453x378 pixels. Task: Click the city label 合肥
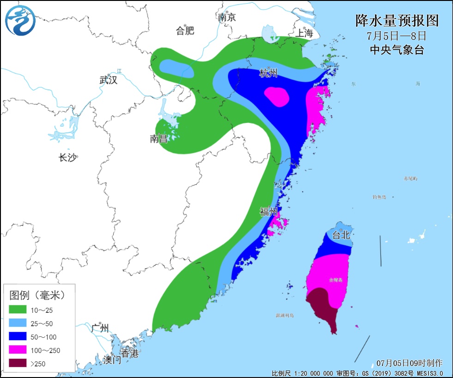click(x=185, y=31)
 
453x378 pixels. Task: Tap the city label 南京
click(x=227, y=18)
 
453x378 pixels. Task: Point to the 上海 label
click(x=304, y=33)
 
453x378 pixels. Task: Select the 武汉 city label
click(x=109, y=80)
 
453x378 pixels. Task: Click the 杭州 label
click(x=268, y=73)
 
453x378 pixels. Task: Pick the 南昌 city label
click(x=158, y=139)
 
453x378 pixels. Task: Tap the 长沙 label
click(x=67, y=158)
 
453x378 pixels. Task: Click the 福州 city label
click(x=269, y=212)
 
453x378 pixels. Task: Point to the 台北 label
click(x=342, y=235)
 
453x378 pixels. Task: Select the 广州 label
click(x=100, y=329)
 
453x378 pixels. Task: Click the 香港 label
click(x=130, y=354)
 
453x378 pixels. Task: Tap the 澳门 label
click(x=112, y=360)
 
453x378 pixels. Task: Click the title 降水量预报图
click(x=397, y=21)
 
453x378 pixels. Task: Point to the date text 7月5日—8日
click(x=397, y=36)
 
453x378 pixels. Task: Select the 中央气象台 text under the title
click(x=397, y=50)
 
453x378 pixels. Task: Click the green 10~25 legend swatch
click(x=18, y=310)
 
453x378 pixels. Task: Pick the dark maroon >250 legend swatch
click(x=18, y=364)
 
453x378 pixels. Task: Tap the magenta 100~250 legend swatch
click(x=18, y=350)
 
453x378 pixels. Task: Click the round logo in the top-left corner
click(x=21, y=21)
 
